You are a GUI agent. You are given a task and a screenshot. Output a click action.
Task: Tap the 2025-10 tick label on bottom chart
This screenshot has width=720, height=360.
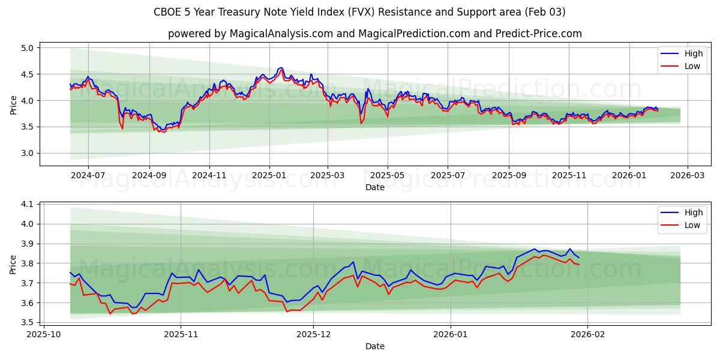click(x=44, y=334)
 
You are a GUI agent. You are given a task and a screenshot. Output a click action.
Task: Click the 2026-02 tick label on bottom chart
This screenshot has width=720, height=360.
click(x=587, y=334)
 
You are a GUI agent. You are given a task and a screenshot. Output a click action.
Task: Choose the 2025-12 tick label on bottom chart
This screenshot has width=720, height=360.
click(x=314, y=334)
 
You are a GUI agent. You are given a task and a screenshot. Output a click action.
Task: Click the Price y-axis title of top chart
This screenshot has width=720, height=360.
click(x=13, y=105)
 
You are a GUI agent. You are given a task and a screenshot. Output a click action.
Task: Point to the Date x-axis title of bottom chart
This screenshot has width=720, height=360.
click(x=375, y=346)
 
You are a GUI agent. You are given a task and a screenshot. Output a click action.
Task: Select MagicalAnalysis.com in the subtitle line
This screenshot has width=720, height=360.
click(x=281, y=34)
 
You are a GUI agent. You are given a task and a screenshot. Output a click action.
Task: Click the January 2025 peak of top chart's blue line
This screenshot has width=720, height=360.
click(x=281, y=68)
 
